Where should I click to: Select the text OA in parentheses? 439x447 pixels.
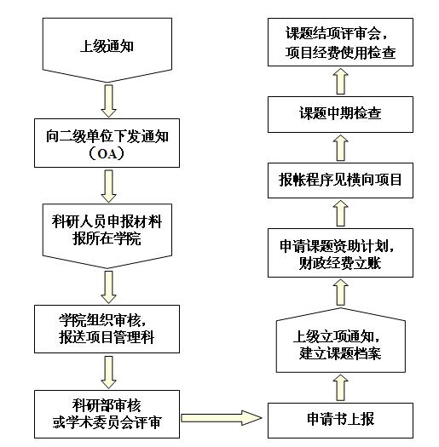pos(107,154)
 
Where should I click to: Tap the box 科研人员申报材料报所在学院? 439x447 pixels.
pos(107,236)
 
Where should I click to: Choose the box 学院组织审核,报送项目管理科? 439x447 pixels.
pos(107,329)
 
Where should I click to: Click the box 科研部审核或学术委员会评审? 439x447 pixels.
pos(107,414)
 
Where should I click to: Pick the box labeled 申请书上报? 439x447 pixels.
pos(340,421)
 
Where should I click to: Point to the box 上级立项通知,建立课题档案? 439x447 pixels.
pos(341,341)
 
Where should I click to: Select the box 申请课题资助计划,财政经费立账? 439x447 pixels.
pos(340,253)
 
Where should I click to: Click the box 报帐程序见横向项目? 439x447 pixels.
pos(340,181)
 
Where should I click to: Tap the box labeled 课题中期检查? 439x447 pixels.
pos(340,114)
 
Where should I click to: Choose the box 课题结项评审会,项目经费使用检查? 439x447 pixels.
pos(340,42)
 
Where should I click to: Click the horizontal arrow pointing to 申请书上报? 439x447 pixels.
pos(222,418)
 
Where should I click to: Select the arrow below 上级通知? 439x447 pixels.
pos(108,101)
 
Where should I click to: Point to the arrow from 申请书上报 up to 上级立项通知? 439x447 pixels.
pos(341,387)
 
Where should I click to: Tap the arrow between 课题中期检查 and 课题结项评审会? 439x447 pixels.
pos(341,81)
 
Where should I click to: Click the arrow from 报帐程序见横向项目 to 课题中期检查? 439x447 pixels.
pos(341,147)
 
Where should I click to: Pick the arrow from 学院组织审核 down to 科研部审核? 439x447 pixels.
pos(108,372)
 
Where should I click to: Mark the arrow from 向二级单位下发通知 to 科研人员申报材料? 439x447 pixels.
pos(108,186)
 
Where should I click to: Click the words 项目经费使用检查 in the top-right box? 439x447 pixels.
pos(340,53)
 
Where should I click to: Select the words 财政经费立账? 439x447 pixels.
pos(339,263)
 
